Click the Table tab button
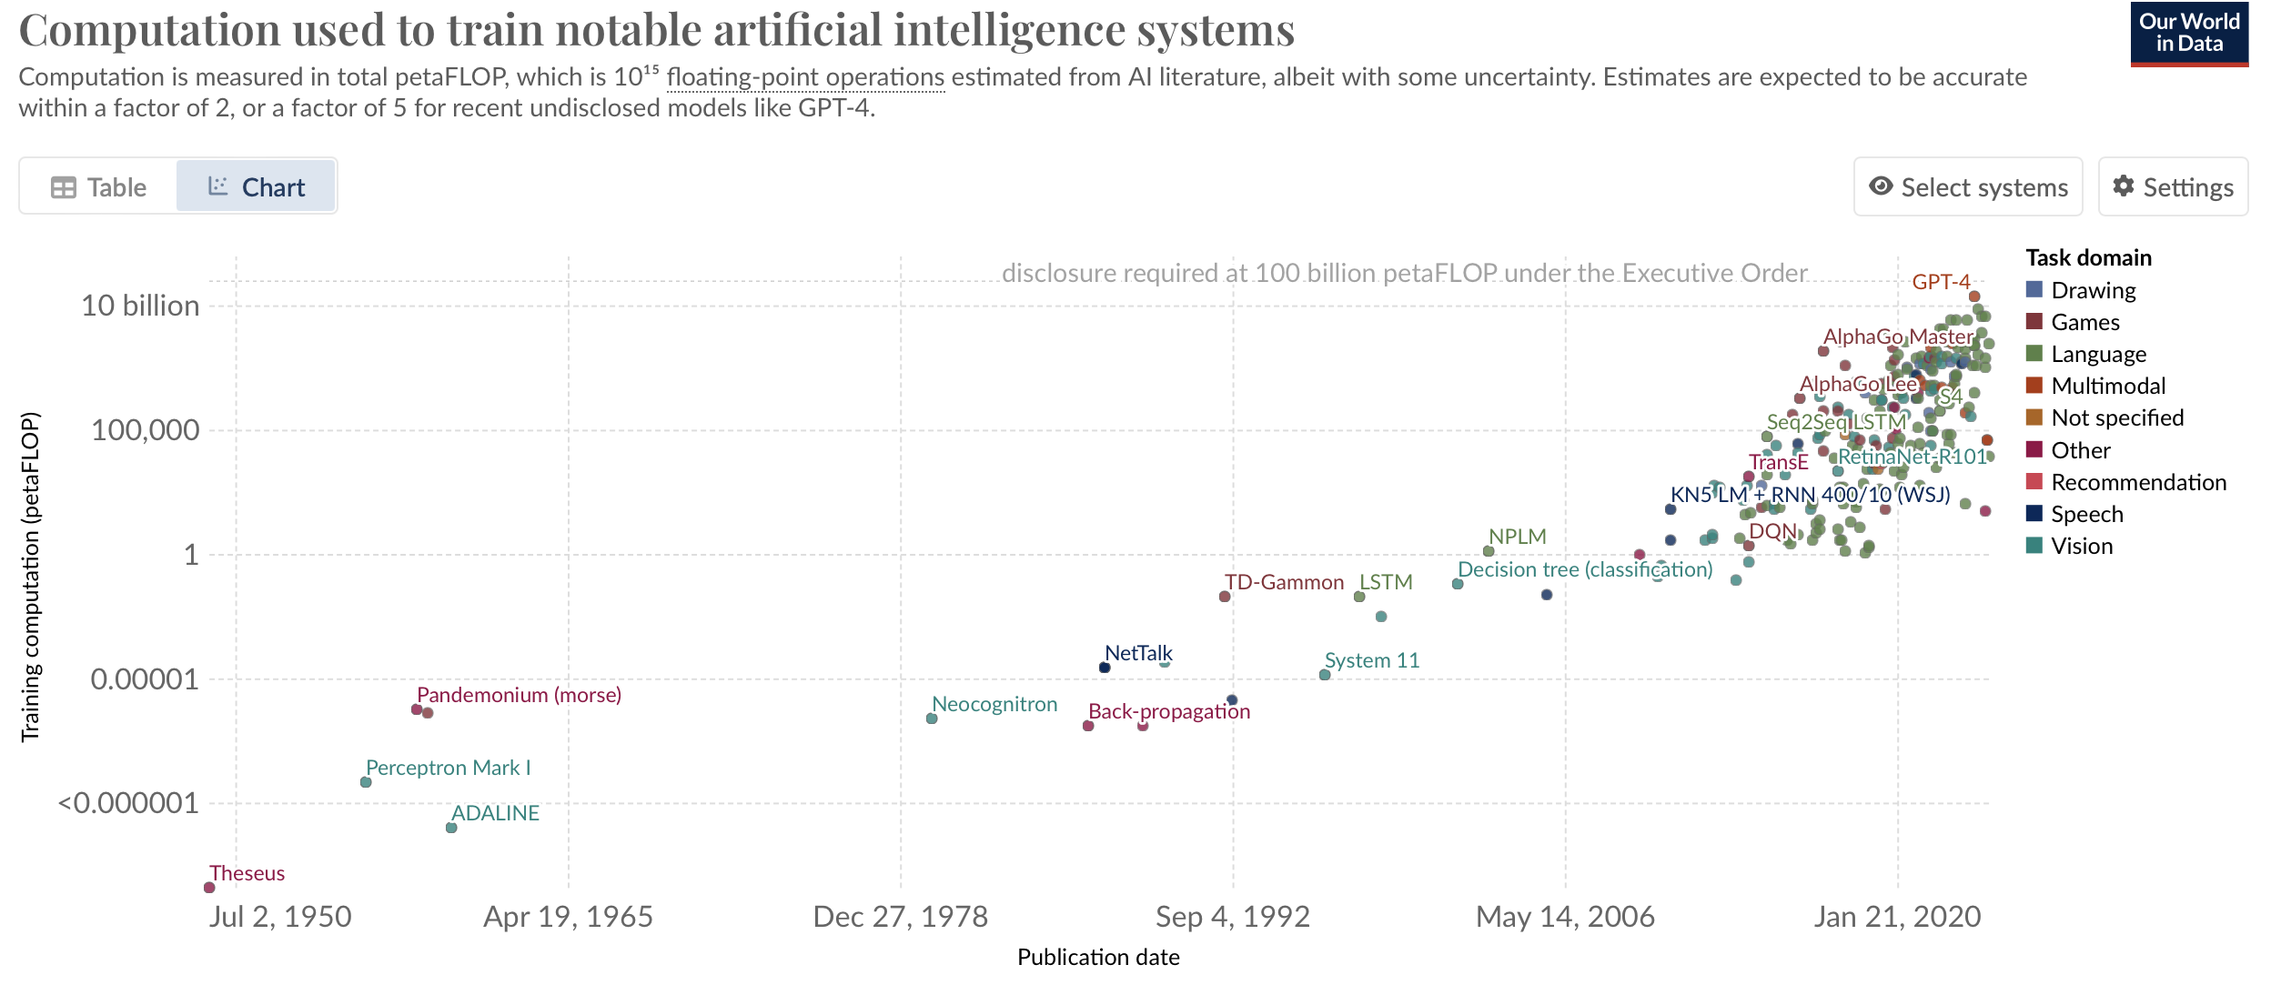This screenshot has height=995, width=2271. tap(99, 187)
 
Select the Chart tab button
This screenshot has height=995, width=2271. tap(256, 187)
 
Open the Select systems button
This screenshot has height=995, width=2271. tap(1967, 187)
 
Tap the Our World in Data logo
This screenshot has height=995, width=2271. tap(2188, 35)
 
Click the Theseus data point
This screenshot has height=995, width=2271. tap(209, 887)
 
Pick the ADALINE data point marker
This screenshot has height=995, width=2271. tap(451, 827)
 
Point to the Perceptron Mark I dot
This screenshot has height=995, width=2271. tap(366, 781)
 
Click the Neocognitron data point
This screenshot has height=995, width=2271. tap(932, 719)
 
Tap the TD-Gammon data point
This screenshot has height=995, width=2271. tap(1225, 597)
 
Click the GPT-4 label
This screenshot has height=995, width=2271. tap(1940, 282)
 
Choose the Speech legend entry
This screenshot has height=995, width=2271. tap(2085, 514)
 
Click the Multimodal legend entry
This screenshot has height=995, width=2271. tap(2107, 386)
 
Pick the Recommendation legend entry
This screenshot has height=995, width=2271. tap(2137, 482)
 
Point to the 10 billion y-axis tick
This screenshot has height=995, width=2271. tap(140, 306)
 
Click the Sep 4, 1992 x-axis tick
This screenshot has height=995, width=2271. tap(1232, 917)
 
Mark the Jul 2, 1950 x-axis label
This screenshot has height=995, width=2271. tap(279, 917)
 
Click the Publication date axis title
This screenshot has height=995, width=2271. tap(1097, 957)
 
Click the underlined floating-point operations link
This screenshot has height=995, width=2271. tap(805, 77)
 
